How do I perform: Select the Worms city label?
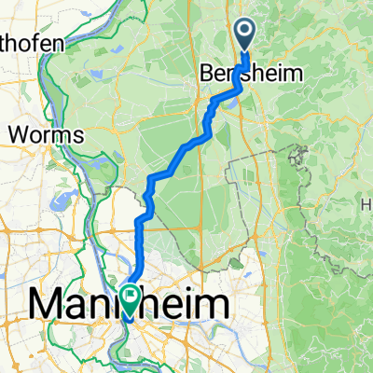47,134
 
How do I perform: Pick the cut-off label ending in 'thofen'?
33,43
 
